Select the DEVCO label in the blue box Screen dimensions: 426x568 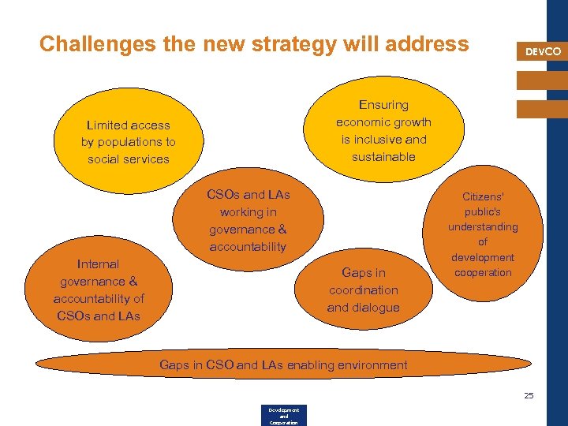coord(544,51)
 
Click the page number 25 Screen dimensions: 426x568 coord(529,395)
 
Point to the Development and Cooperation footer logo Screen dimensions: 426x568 coord(283,416)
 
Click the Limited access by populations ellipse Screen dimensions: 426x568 coord(128,142)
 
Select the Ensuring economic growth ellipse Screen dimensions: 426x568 coord(384,130)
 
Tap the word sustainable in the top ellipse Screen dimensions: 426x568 coord(384,156)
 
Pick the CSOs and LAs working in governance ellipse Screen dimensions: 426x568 coord(248,220)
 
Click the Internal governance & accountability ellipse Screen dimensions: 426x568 coord(99,290)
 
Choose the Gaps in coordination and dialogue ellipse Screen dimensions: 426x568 coord(364,290)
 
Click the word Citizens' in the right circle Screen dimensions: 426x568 coord(483,196)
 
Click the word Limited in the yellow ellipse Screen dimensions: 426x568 coord(107,125)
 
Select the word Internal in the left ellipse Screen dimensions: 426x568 coord(99,264)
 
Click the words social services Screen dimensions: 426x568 coord(128,159)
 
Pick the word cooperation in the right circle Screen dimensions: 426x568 coord(483,272)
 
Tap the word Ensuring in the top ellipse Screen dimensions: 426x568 coord(384,105)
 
